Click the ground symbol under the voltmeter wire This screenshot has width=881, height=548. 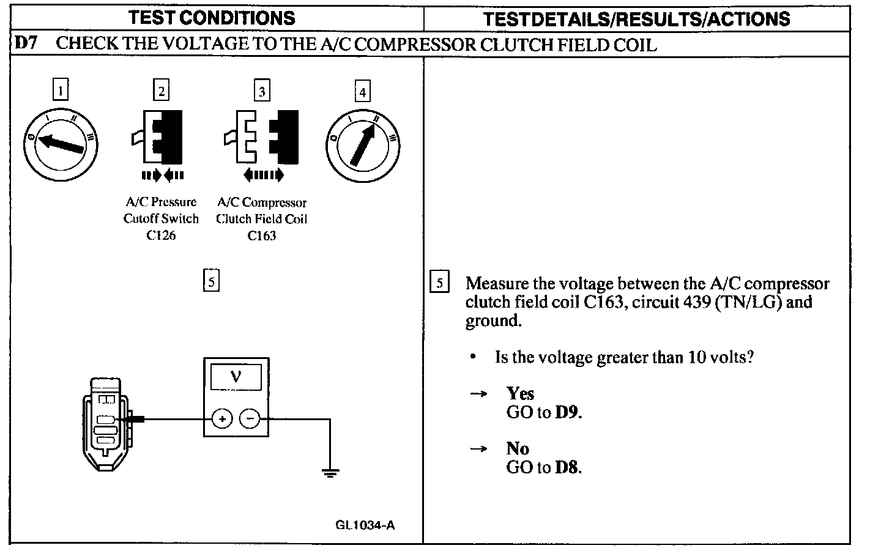tap(330, 472)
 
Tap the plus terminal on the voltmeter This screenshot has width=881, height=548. tap(222, 419)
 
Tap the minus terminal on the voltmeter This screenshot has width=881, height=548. tap(250, 419)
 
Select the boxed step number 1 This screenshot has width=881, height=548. tap(60, 91)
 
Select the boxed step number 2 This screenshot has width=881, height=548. tap(161, 91)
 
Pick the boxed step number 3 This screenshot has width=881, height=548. tap(262, 91)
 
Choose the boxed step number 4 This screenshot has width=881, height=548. tap(363, 92)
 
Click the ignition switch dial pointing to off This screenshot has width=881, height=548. tap(60, 144)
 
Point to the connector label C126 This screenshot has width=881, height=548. tap(161, 236)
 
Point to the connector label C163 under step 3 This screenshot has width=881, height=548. tap(261, 236)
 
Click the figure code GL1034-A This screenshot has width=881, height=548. tap(365, 525)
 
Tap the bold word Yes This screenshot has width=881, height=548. tap(520, 393)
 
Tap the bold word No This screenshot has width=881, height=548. tap(517, 448)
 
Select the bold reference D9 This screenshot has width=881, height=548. tap(567, 412)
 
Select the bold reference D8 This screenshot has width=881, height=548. tap(567, 467)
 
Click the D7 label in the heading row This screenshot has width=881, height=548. tap(26, 43)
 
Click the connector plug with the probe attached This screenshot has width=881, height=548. tap(106, 423)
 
